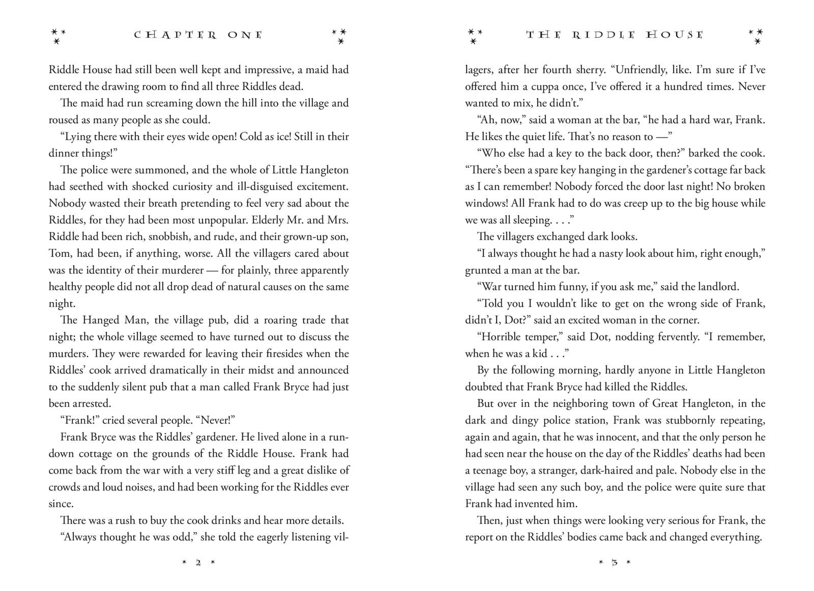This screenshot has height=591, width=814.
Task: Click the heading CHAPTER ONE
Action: point(198,35)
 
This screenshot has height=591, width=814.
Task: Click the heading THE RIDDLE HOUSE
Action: point(615,35)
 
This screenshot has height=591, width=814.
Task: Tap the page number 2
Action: point(198,563)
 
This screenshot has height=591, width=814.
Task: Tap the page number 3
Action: point(615,563)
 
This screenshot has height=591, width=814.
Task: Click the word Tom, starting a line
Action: point(59,253)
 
